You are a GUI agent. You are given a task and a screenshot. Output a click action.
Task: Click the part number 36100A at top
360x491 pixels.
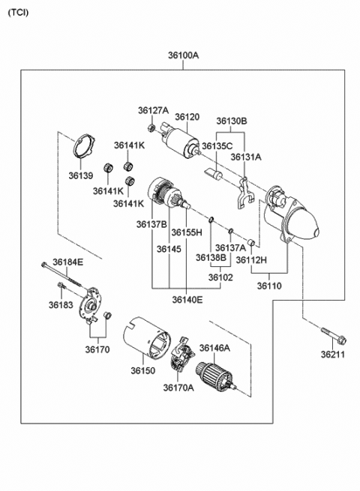point(183,55)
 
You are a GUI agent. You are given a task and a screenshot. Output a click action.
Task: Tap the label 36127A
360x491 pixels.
point(152,111)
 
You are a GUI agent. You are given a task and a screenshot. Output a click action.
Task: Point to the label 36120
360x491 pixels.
point(187,118)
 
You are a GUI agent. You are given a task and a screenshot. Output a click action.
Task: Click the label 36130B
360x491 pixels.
point(232,120)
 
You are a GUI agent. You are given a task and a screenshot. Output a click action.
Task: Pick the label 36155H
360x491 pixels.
point(186,232)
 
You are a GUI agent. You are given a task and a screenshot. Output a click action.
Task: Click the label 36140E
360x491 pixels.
point(187,300)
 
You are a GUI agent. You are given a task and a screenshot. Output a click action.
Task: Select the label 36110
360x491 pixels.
point(271,286)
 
